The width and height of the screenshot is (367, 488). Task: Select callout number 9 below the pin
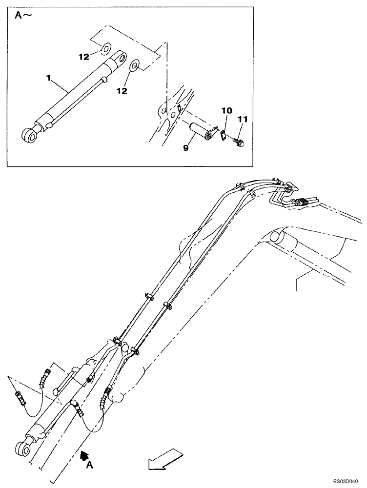pyautogui.click(x=185, y=146)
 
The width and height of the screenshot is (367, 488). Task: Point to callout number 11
pyautogui.click(x=243, y=118)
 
